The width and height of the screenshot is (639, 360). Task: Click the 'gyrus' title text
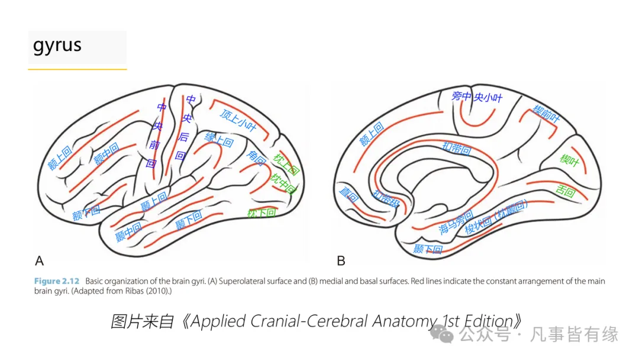pos(57,46)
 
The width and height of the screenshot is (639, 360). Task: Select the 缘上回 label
pos(219,140)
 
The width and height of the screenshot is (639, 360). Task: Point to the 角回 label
pos(256,157)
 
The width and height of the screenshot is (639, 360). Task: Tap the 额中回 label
pos(106,154)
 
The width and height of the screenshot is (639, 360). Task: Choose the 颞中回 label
pos(128,230)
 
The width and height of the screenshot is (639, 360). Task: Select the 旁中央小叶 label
pos(476,97)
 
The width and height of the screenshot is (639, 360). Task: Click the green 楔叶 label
pos(569,159)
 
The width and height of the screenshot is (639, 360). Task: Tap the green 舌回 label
pos(566,191)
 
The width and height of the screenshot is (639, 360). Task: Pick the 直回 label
pos(348,194)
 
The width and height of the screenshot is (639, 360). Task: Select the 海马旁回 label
pos(456,222)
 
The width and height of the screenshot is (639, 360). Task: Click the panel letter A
pos(40,261)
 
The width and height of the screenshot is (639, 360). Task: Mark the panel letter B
pos(341,261)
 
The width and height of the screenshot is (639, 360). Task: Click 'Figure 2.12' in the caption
pos(56,281)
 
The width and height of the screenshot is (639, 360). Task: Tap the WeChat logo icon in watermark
pos(443,334)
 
